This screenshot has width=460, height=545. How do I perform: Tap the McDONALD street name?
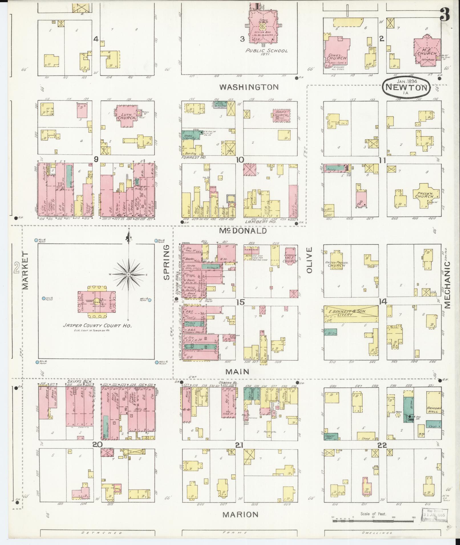[243, 230]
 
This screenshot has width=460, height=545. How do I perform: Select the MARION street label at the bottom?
[240, 515]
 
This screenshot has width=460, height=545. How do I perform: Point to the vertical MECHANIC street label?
[447, 285]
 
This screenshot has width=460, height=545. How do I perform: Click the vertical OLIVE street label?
[310, 260]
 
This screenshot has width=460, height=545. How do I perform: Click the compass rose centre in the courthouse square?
[129, 274]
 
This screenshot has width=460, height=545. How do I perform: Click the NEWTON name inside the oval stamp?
[406, 87]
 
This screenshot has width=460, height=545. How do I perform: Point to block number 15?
[240, 302]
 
